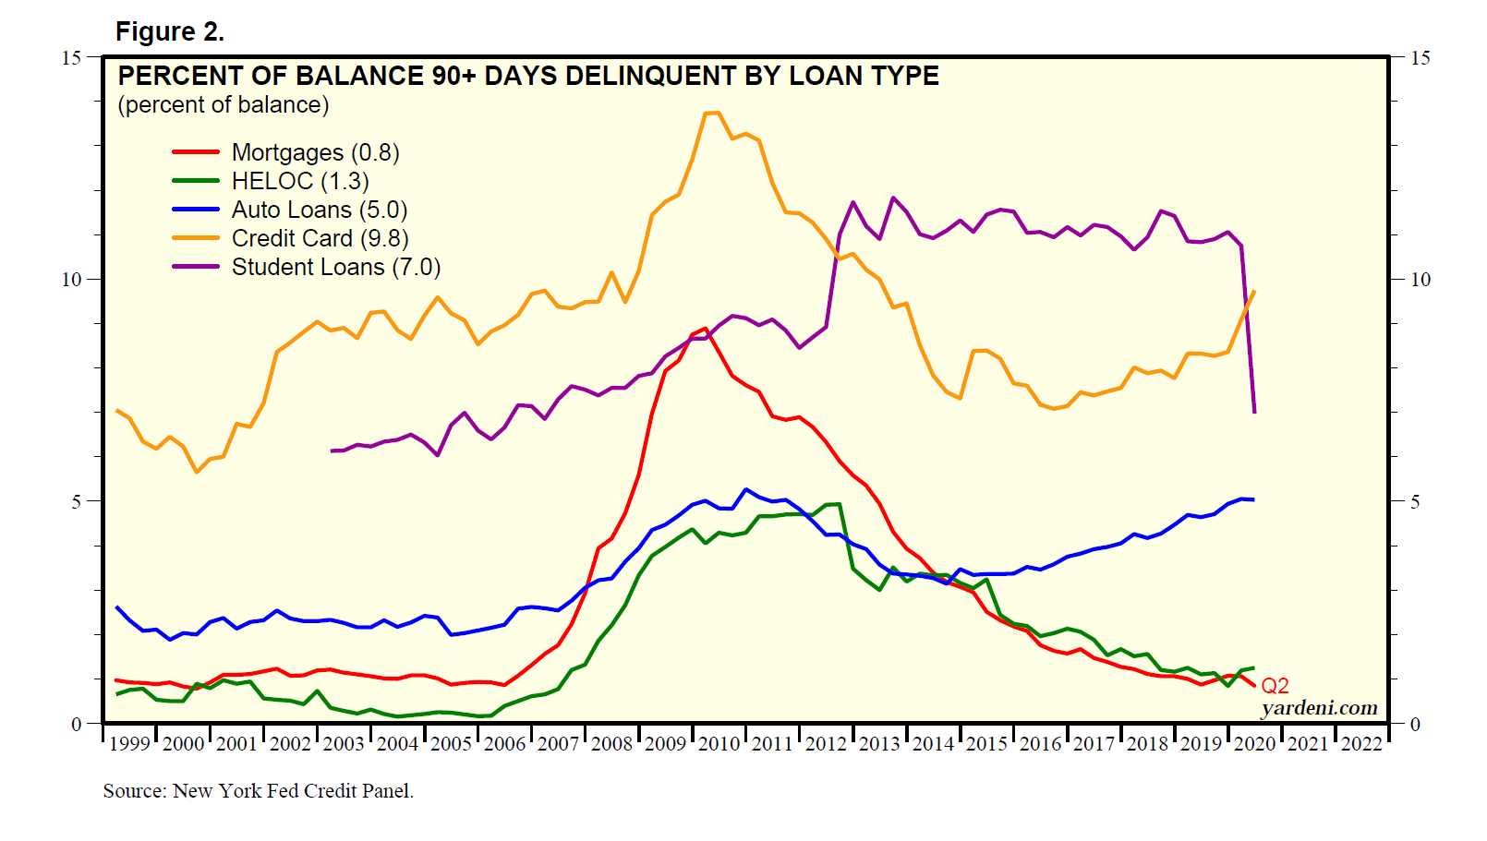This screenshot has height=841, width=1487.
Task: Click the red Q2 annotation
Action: pyautogui.click(x=1275, y=686)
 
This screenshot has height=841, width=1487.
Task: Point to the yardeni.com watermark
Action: pyautogui.click(x=1319, y=708)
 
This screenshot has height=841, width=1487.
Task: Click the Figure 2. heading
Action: pyautogui.click(x=170, y=31)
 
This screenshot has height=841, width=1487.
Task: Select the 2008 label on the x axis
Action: pyautogui.click(x=611, y=744)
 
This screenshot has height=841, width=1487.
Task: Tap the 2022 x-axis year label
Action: pyautogui.click(x=1361, y=744)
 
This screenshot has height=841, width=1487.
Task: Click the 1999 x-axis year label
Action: pyautogui.click(x=129, y=744)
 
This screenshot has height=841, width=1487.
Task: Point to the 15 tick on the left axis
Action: pyautogui.click(x=71, y=57)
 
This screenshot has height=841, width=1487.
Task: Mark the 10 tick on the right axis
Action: pyautogui.click(x=1421, y=280)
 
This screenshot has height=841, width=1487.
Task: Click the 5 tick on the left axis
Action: pyautogui.click(x=77, y=501)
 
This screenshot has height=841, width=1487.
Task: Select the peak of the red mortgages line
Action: pyautogui.click(x=706, y=328)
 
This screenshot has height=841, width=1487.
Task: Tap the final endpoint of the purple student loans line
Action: pyautogui.click(x=1254, y=412)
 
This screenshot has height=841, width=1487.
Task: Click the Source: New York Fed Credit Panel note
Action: pyautogui.click(x=259, y=791)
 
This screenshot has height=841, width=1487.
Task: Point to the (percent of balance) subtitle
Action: pyautogui.click(x=224, y=105)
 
